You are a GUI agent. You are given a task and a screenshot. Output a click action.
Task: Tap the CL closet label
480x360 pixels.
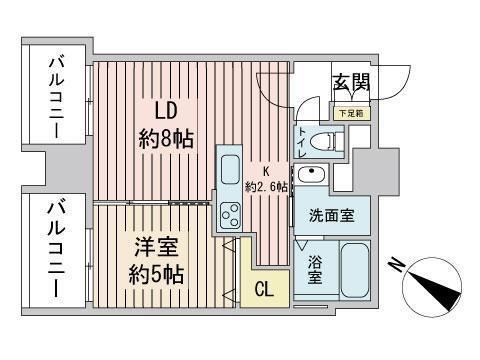tap(264, 291)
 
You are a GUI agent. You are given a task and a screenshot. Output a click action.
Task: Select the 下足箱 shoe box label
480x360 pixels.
tap(350, 114)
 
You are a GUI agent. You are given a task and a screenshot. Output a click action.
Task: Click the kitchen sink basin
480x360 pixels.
tap(229, 168)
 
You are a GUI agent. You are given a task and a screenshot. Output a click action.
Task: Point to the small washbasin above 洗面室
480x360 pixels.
tap(312, 177)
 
